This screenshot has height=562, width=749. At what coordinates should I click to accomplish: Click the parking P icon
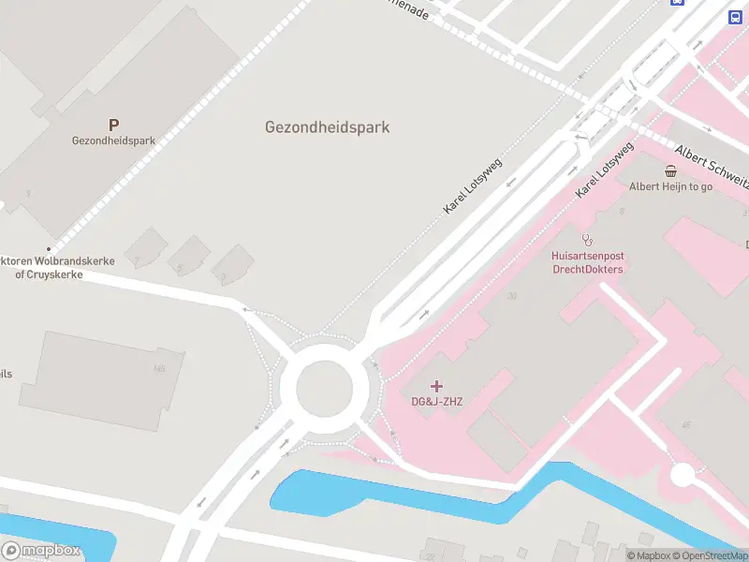[x=113, y=125]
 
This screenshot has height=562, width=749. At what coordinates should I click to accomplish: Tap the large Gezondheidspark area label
[x=327, y=127]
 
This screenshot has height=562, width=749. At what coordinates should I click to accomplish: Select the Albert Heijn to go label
[x=670, y=186]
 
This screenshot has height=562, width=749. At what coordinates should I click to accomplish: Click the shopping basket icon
[x=671, y=170]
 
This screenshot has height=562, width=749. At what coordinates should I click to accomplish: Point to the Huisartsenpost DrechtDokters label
[x=587, y=262]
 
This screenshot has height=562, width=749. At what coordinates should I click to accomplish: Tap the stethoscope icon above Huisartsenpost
[x=587, y=240]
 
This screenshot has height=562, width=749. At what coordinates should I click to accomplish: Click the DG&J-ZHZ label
[x=437, y=402]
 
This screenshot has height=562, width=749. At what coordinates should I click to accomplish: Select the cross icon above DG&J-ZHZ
[x=437, y=386]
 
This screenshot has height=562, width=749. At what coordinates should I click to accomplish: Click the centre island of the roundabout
[x=324, y=387]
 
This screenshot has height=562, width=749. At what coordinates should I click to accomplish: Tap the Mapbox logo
[x=41, y=551]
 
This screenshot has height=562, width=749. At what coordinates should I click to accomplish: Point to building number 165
[x=159, y=368]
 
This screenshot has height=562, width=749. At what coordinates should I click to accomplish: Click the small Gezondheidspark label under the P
[x=113, y=141]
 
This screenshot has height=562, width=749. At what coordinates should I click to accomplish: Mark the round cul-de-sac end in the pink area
[x=683, y=475]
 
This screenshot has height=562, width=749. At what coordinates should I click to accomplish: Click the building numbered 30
[x=511, y=296]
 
